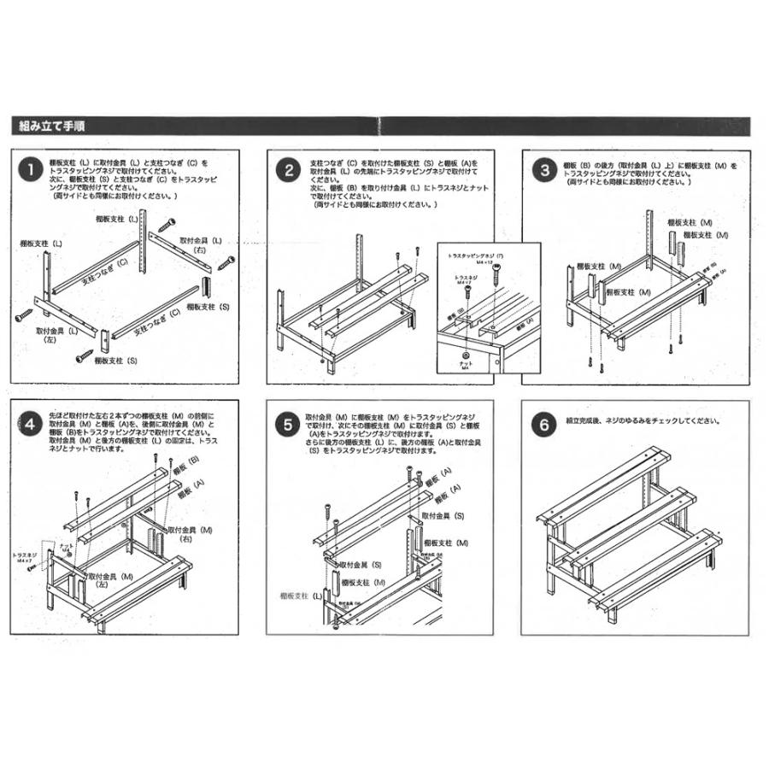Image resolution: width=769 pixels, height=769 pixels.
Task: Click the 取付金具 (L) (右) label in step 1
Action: tap(201, 246)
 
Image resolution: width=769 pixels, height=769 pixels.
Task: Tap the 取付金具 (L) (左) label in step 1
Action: tap(56, 334)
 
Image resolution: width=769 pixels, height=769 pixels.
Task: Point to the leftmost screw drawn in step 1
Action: tap(23, 317)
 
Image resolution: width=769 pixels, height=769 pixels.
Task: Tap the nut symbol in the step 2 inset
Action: tap(466, 353)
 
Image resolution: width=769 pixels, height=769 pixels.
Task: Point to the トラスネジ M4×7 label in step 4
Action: tap(26, 560)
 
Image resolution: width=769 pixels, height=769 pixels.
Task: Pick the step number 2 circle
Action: tap(289, 169)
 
